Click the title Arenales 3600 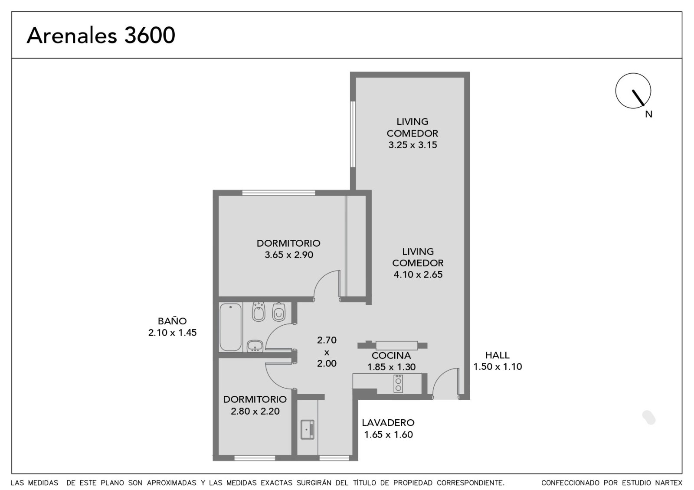pyautogui.click(x=101, y=35)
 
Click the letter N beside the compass pyautogui.click(x=649, y=114)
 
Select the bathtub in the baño pyautogui.click(x=230, y=327)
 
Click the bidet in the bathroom pyautogui.click(x=259, y=312)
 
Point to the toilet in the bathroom pyautogui.click(x=279, y=312)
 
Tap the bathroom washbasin pyautogui.click(x=255, y=346)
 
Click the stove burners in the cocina pyautogui.click(x=398, y=384)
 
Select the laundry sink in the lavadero pyautogui.click(x=308, y=430)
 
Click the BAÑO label pyautogui.click(x=172, y=321)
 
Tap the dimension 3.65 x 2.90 pyautogui.click(x=289, y=255)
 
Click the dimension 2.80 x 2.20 pyautogui.click(x=255, y=412)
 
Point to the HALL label pyautogui.click(x=497, y=355)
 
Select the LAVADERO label pyautogui.click(x=388, y=423)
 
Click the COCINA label pyautogui.click(x=391, y=356)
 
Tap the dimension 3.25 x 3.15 pyautogui.click(x=412, y=145)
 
